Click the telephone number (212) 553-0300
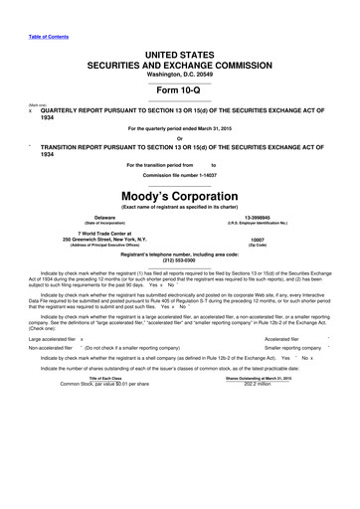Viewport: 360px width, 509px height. click(180, 261)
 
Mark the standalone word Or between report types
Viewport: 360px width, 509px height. click(179, 137)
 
